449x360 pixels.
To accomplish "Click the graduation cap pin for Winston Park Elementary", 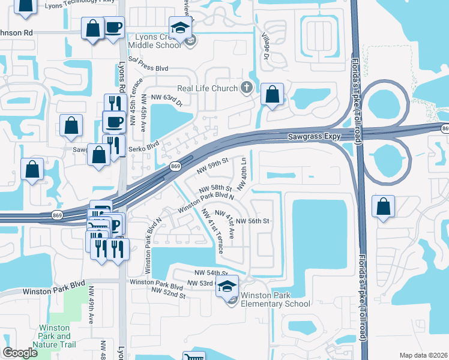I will pyautogui.click(x=227, y=286).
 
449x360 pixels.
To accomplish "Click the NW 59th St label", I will pyautogui.click(x=212, y=164).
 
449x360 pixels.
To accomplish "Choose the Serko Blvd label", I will pyautogui.click(x=144, y=145).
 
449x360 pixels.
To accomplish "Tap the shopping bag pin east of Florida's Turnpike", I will pyautogui.click(x=383, y=207).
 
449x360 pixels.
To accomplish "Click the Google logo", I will pyautogui.click(x=20, y=353).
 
